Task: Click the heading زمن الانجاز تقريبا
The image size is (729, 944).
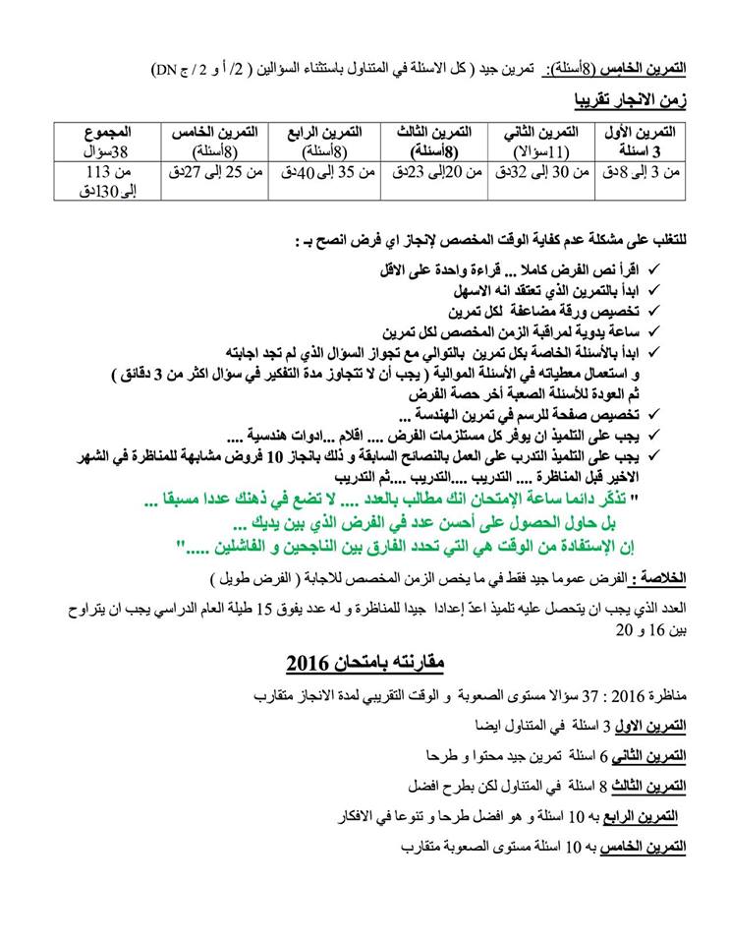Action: tap(633, 101)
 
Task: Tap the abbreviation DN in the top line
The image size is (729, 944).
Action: tap(164, 70)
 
